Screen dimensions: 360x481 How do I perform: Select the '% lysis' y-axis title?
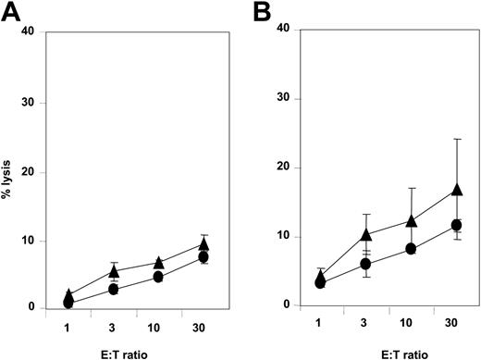(13, 172)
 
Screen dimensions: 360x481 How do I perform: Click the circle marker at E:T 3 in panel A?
(114, 290)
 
